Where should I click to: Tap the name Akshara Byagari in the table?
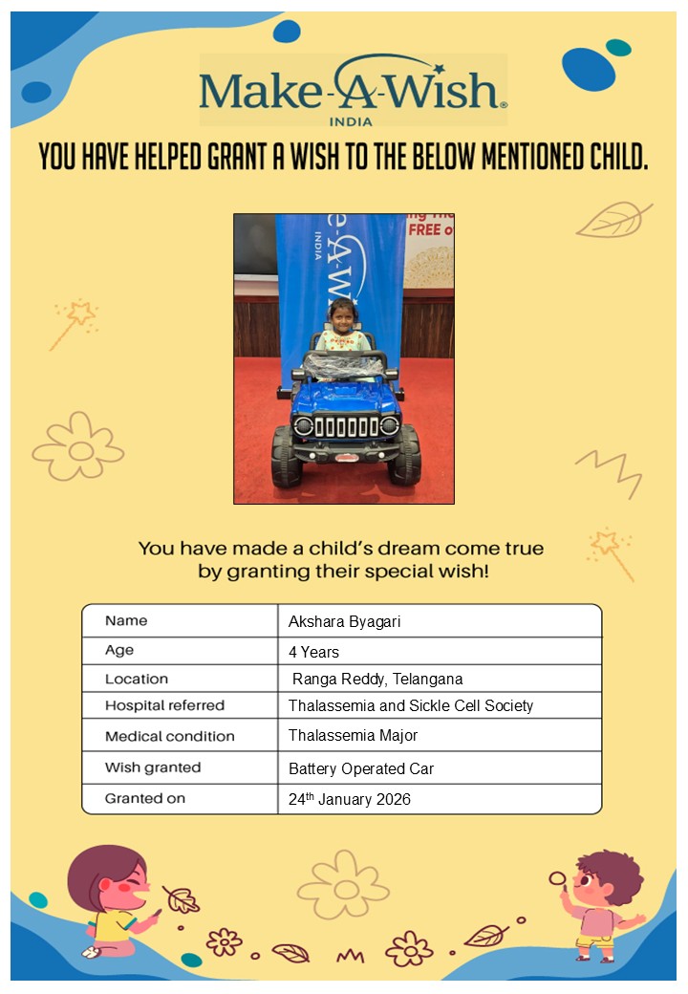(x=344, y=621)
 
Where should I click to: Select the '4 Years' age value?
(x=313, y=652)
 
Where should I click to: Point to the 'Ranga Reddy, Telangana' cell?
(x=377, y=679)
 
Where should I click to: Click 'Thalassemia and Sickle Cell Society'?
(x=411, y=705)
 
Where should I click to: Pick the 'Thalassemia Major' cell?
(x=353, y=735)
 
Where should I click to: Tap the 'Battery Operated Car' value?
(x=361, y=768)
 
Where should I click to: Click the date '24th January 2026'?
(x=350, y=799)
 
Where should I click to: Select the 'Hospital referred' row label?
(x=164, y=705)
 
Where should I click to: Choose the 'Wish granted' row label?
(x=153, y=767)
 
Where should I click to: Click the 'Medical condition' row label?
(x=169, y=736)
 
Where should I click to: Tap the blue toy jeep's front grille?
(x=346, y=426)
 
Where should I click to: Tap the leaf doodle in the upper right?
(x=613, y=220)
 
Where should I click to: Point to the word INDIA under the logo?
(x=352, y=121)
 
